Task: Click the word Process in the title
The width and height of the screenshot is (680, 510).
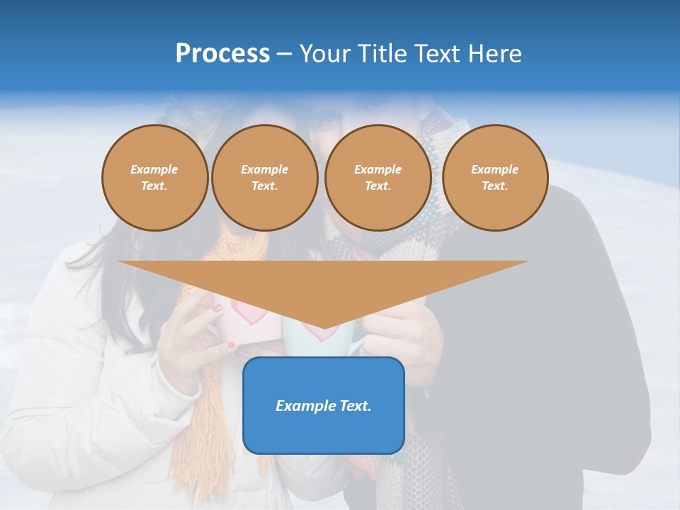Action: point(222,54)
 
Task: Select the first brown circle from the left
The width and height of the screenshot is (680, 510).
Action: point(154,177)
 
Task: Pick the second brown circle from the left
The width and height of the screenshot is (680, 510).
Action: point(264,177)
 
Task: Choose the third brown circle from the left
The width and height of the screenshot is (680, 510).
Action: point(378,177)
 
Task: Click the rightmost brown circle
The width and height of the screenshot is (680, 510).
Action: point(494,177)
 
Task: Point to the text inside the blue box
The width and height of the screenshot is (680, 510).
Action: point(323,406)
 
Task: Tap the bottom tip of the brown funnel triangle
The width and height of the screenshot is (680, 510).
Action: point(324,327)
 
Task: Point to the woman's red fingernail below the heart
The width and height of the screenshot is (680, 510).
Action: point(232,345)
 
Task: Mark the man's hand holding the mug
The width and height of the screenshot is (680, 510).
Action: point(397,333)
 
